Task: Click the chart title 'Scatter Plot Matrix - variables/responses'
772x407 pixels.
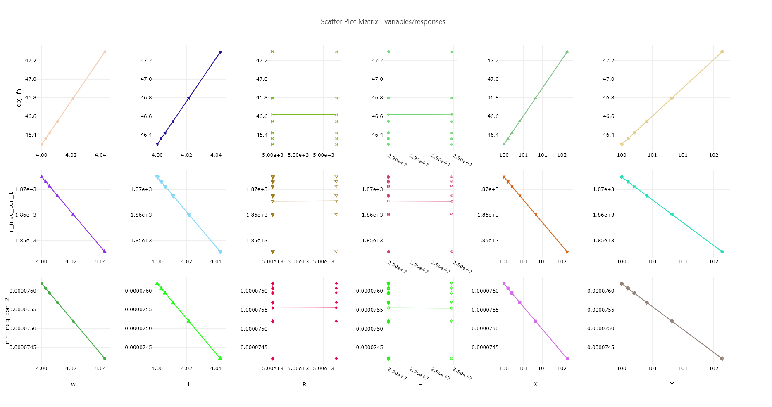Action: coord(383,21)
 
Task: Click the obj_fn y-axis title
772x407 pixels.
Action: coord(19,98)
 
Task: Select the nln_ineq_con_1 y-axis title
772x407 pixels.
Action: coord(11,215)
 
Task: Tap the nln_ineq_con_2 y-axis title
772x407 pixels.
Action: coord(7,321)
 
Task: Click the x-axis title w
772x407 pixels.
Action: coord(73,384)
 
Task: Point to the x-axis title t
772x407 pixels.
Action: coord(189,384)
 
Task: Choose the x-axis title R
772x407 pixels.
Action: coord(305,384)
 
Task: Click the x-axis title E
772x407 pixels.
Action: coord(420,386)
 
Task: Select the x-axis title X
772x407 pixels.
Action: coord(536,384)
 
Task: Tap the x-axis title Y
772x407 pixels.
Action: coord(672,384)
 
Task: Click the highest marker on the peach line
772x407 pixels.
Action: coord(105,52)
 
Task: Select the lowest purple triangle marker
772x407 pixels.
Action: coord(105,251)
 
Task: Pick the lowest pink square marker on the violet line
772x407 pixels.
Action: coord(567,359)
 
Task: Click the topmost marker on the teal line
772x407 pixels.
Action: coord(622,177)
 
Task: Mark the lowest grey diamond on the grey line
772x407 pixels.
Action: coord(722,359)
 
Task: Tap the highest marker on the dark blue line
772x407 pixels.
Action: coord(220,52)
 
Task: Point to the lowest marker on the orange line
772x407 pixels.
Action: coord(567,252)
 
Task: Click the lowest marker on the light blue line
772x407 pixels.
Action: coord(220,252)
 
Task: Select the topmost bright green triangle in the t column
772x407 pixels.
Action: coord(157,284)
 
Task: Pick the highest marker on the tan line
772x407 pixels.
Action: coord(722,52)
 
